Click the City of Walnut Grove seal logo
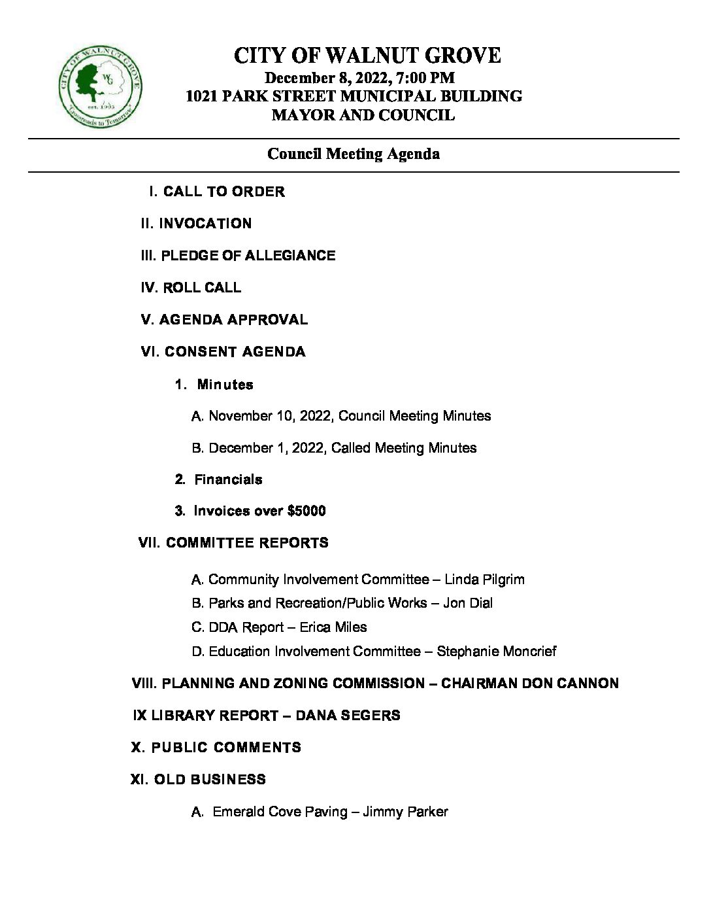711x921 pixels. (x=100, y=88)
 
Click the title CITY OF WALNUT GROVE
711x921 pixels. (x=367, y=56)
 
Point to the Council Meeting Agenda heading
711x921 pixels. (x=354, y=154)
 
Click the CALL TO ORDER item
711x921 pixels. (x=223, y=192)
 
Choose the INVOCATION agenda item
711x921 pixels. (x=205, y=224)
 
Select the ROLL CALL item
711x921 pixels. (x=201, y=288)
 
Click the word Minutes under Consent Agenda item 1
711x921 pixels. (x=225, y=385)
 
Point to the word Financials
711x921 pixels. (x=228, y=479)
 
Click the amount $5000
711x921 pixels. (x=306, y=511)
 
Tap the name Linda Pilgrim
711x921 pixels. (x=484, y=580)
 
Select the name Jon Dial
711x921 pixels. (x=468, y=603)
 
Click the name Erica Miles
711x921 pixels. (x=333, y=627)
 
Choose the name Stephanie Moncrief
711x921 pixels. (x=497, y=652)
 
